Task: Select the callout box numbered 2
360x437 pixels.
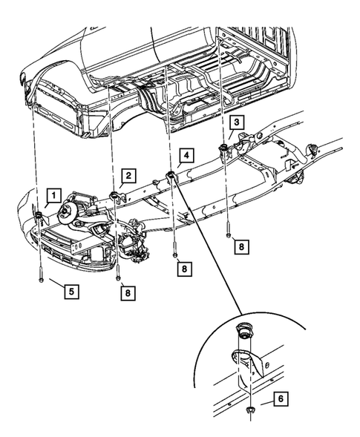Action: [128, 176]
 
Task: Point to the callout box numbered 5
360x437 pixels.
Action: [71, 292]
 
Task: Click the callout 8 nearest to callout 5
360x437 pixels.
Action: [128, 293]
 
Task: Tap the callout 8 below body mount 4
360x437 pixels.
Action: [183, 269]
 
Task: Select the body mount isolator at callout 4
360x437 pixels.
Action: [170, 175]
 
